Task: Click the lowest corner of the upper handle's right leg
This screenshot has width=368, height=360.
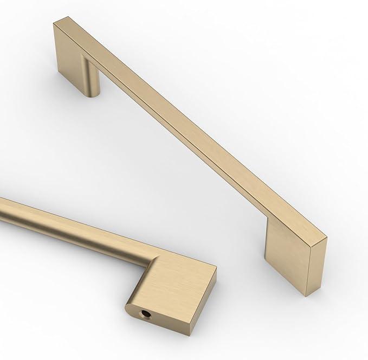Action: click(x=307, y=295)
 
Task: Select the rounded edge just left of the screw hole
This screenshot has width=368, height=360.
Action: click(x=130, y=309)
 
